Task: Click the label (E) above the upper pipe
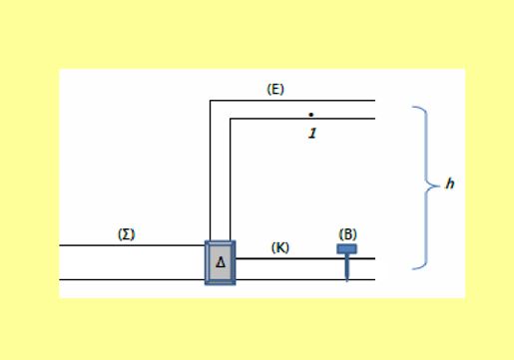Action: tap(275, 89)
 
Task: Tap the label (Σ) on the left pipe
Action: tap(127, 234)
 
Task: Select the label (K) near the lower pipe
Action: tap(280, 247)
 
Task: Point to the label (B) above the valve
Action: tap(347, 234)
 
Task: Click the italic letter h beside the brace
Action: tap(450, 183)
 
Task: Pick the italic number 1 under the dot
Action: tap(312, 134)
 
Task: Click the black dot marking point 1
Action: tap(311, 115)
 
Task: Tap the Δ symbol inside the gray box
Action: tap(221, 263)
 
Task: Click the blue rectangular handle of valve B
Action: tap(346, 249)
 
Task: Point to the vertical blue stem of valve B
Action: tap(347, 267)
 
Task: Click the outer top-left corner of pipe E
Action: tap(211, 100)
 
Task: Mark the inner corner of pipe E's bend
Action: tap(230, 119)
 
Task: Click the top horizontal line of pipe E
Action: tap(292, 100)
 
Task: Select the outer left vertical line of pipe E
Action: tap(211, 171)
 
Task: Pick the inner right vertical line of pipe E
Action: tap(230, 180)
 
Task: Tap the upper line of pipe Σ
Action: tap(133, 245)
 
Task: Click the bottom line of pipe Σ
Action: tap(133, 280)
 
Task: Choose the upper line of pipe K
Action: tap(305, 258)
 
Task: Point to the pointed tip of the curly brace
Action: tap(439, 186)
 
